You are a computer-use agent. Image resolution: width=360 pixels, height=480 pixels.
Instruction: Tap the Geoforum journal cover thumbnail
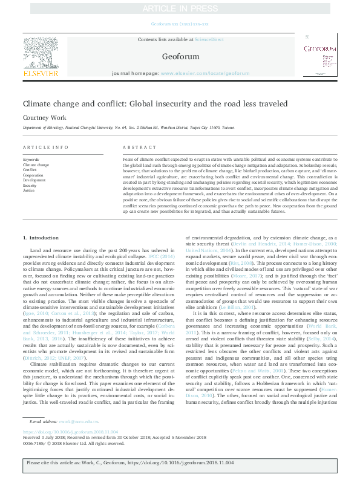pos(319,57)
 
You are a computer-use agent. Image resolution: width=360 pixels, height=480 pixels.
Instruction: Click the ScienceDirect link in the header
pos(209,39)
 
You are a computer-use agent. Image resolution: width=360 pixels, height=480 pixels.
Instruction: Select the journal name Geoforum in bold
pos(180,56)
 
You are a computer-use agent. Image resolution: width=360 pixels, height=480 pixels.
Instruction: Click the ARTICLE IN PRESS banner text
pos(180,9)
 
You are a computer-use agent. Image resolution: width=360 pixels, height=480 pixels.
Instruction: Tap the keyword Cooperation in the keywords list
pos(34,175)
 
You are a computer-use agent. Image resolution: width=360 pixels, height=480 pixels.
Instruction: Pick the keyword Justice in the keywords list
pos(29,190)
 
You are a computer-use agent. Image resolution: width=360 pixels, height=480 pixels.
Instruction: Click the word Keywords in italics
pos(32,159)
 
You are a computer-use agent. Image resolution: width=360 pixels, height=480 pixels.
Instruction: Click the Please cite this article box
pos(180,466)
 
